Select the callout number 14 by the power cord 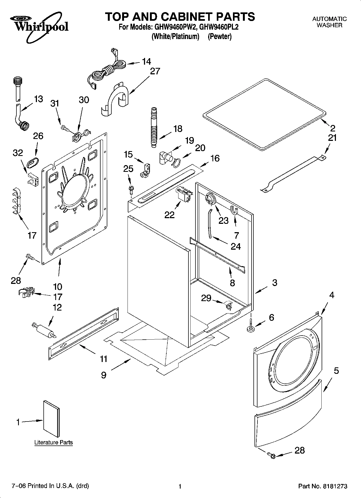pyautogui.click(x=146, y=62)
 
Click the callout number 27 pyautogui.click(x=155, y=71)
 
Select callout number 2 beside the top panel pyautogui.click(x=332, y=128)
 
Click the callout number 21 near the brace pyautogui.click(x=332, y=138)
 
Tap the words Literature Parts pyautogui.click(x=53, y=442)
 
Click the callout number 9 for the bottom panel pyautogui.click(x=104, y=375)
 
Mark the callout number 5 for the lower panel pyautogui.click(x=336, y=371)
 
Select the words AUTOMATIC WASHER pyautogui.click(x=329, y=22)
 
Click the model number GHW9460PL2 pyautogui.click(x=219, y=27)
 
